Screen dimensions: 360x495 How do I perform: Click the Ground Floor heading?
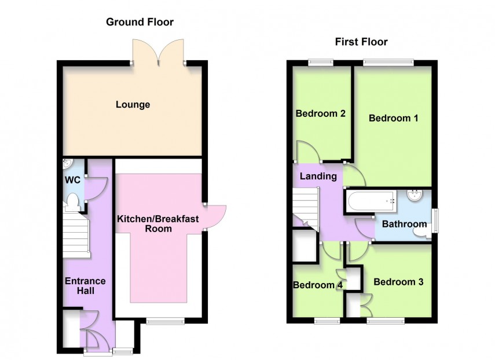pos(139,22)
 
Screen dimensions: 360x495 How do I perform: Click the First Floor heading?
pos(361,42)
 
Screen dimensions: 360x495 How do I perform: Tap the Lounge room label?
pos(133,105)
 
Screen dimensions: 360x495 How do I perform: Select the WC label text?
pos(71,179)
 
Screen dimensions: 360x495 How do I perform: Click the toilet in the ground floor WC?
pos(73,201)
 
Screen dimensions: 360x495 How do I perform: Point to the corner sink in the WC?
pos(68,164)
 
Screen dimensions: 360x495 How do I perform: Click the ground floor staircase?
pos(76,236)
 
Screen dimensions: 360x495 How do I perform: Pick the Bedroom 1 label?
pos(393,118)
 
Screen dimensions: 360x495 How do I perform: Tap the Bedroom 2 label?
pos(320,113)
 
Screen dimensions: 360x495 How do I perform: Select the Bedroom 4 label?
pos(313,285)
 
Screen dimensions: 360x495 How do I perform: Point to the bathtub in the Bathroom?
pos(371,201)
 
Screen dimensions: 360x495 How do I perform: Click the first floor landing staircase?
pos(305,208)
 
